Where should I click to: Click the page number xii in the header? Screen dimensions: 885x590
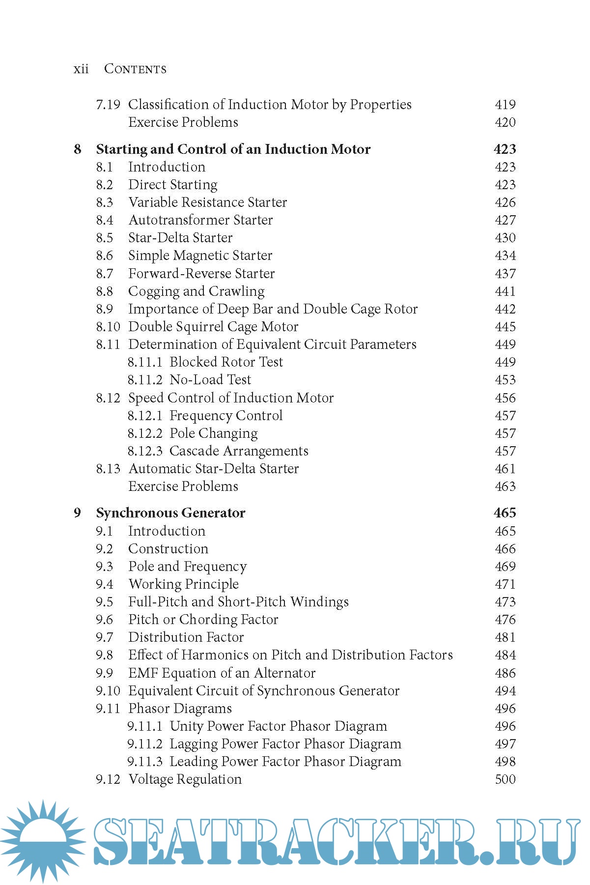(x=81, y=69)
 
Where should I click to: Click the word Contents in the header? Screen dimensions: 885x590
(x=135, y=69)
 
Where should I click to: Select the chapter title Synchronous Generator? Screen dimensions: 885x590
(x=170, y=513)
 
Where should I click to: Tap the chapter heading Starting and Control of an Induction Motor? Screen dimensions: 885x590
(x=233, y=149)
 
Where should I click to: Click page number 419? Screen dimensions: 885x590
(x=505, y=104)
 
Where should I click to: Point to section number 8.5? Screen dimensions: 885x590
(x=105, y=238)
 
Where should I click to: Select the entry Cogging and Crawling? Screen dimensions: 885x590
(x=196, y=291)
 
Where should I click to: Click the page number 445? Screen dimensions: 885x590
(x=505, y=327)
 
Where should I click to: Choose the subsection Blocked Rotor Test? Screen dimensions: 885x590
(x=226, y=362)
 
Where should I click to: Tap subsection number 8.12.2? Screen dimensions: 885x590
(x=145, y=433)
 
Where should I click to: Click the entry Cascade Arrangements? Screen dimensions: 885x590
(x=239, y=451)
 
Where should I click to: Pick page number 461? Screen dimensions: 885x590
(x=505, y=469)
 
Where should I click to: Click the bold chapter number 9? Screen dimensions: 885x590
(x=77, y=513)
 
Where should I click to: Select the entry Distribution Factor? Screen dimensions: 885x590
(x=186, y=637)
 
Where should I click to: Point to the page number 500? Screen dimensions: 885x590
(x=505, y=779)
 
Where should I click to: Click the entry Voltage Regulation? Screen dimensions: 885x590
(x=185, y=779)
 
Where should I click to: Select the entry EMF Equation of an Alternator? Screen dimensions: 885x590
(x=222, y=673)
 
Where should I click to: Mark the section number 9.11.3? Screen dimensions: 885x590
(x=145, y=762)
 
